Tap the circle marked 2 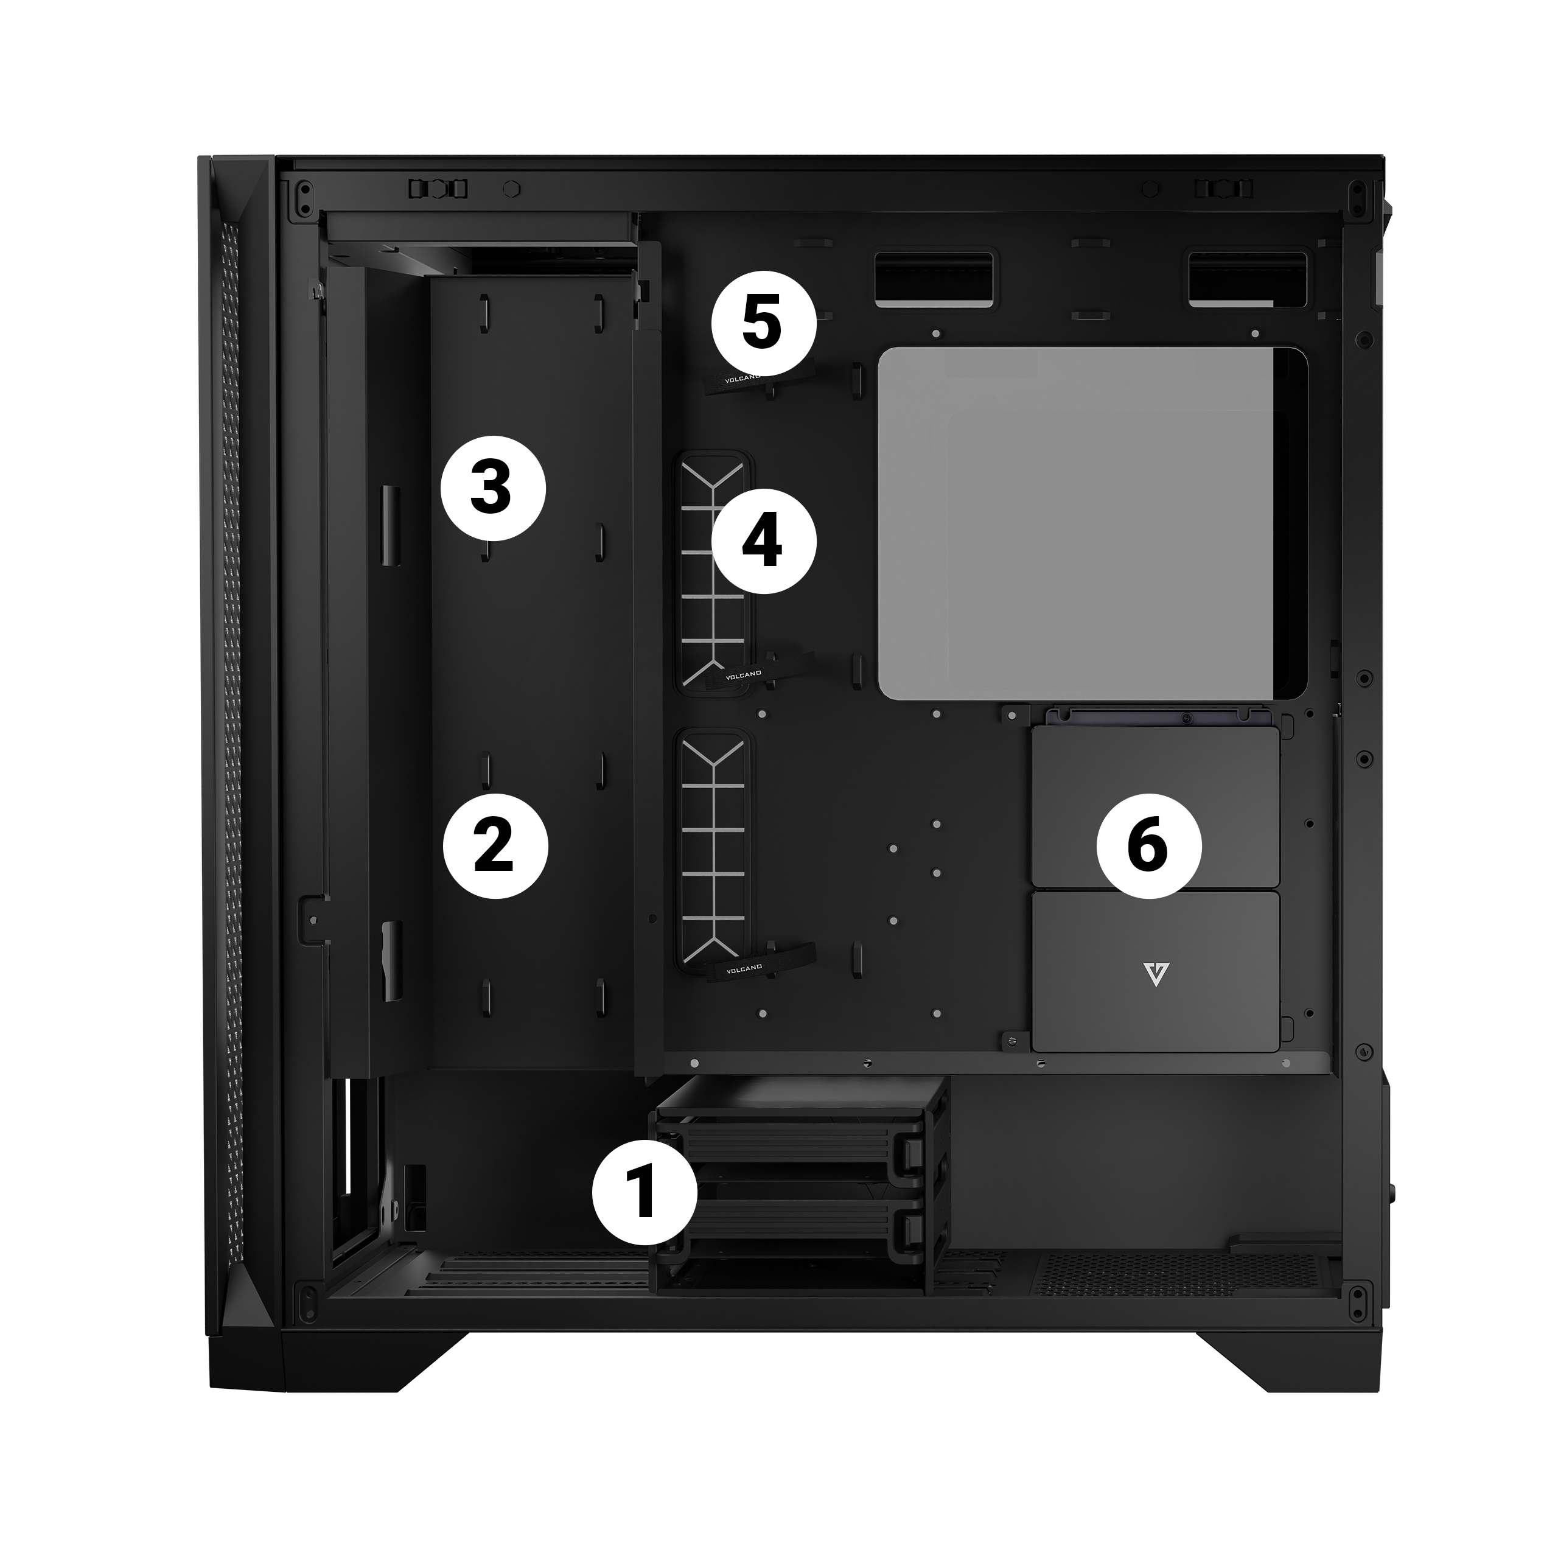[496, 846]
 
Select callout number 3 [494, 488]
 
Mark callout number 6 [1149, 846]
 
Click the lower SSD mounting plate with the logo [1156, 971]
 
